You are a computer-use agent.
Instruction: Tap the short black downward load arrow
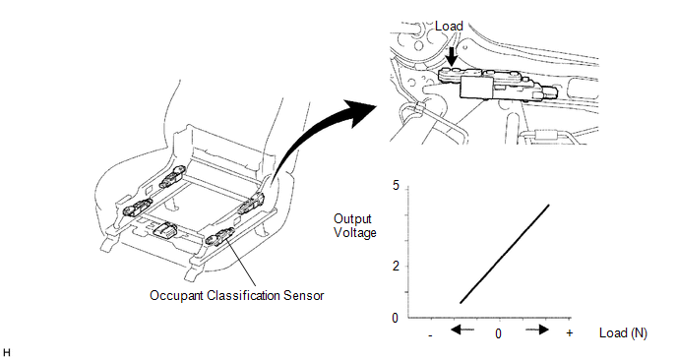coord(450,57)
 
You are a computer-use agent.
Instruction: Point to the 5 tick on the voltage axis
coord(396,186)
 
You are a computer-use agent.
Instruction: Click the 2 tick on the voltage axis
coord(396,266)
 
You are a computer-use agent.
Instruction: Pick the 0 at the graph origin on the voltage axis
coord(396,318)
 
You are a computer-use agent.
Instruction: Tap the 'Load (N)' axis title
coord(623,333)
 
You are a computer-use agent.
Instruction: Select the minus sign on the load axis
coord(431,334)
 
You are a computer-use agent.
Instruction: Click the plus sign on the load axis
coord(570,334)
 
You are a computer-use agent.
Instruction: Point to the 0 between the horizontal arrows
coord(499,334)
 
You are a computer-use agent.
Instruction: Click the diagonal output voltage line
coord(504,254)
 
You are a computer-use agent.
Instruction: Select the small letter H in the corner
coord(7,351)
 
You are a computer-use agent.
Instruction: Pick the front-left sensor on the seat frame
coord(136,208)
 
